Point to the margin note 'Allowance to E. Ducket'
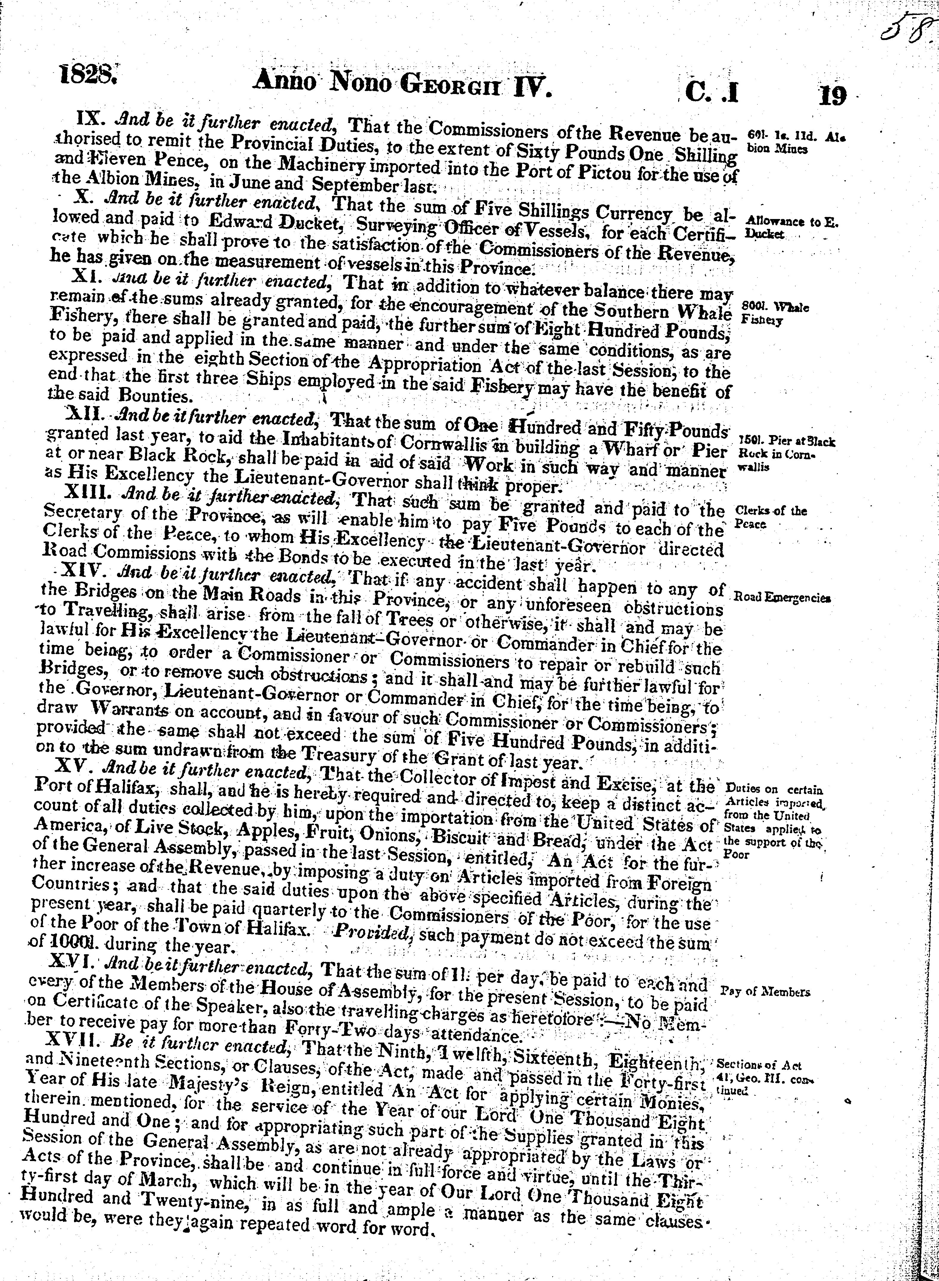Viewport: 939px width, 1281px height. (790, 227)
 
